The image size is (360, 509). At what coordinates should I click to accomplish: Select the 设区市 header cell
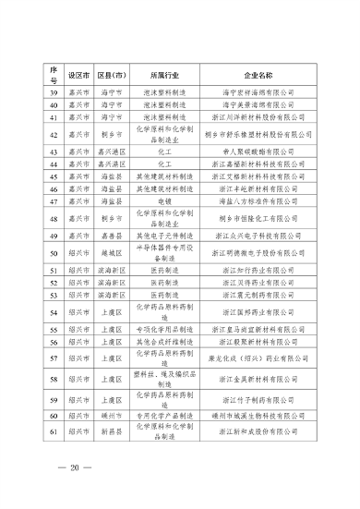pos(78,72)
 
